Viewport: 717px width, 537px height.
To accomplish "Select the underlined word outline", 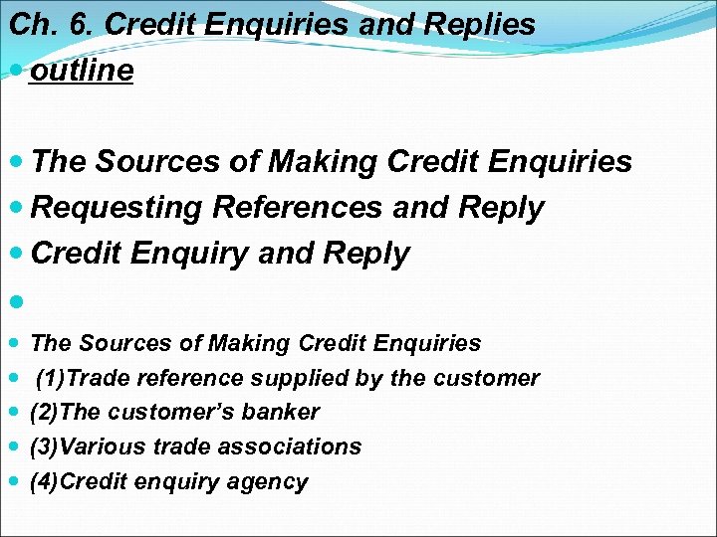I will pyautogui.click(x=82, y=72).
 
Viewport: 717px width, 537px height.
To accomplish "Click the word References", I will pyautogui.click(x=296, y=208).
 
